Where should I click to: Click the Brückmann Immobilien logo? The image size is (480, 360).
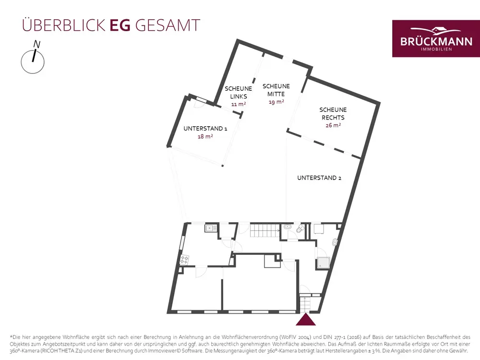(x=432, y=38)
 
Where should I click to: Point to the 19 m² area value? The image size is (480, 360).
(x=276, y=102)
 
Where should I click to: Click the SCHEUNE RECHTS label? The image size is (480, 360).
(x=333, y=114)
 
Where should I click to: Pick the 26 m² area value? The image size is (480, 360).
(x=333, y=125)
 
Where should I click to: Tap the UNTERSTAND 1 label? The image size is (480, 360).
(x=205, y=129)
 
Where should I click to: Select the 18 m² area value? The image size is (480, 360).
(x=205, y=137)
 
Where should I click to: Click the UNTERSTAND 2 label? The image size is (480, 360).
(x=319, y=178)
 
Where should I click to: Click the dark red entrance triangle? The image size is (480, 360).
(x=305, y=320)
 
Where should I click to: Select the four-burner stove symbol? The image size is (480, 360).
(x=184, y=260)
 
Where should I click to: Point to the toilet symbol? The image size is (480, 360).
(x=300, y=229)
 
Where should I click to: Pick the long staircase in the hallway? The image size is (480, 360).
(x=264, y=231)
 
